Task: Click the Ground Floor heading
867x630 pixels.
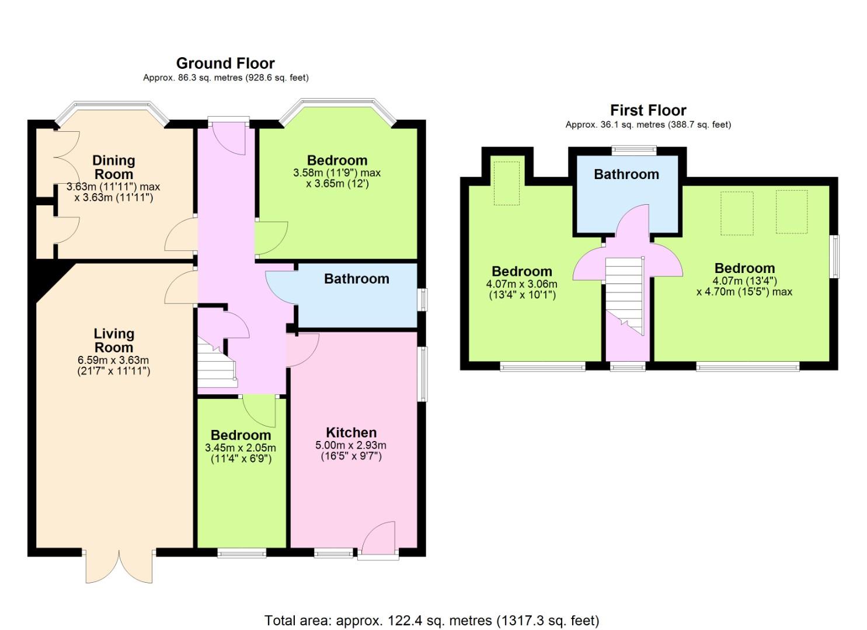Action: [225, 63]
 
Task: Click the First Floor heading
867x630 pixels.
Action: [648, 110]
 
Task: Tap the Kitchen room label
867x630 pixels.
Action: [351, 432]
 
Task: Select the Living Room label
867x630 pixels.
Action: [114, 340]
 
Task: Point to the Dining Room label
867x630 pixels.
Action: [114, 167]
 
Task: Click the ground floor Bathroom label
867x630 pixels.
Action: [357, 278]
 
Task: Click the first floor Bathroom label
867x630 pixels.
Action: [626, 174]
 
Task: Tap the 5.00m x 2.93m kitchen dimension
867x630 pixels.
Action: [351, 445]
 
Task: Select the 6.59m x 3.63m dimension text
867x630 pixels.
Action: [113, 360]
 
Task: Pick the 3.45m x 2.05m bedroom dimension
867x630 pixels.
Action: [241, 448]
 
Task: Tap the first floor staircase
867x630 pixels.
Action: [624, 296]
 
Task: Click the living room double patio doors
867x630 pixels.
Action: [119, 565]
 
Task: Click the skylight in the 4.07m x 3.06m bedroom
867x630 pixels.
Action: [507, 183]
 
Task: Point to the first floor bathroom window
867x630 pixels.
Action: [634, 150]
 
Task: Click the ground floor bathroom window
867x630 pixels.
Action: [424, 299]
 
